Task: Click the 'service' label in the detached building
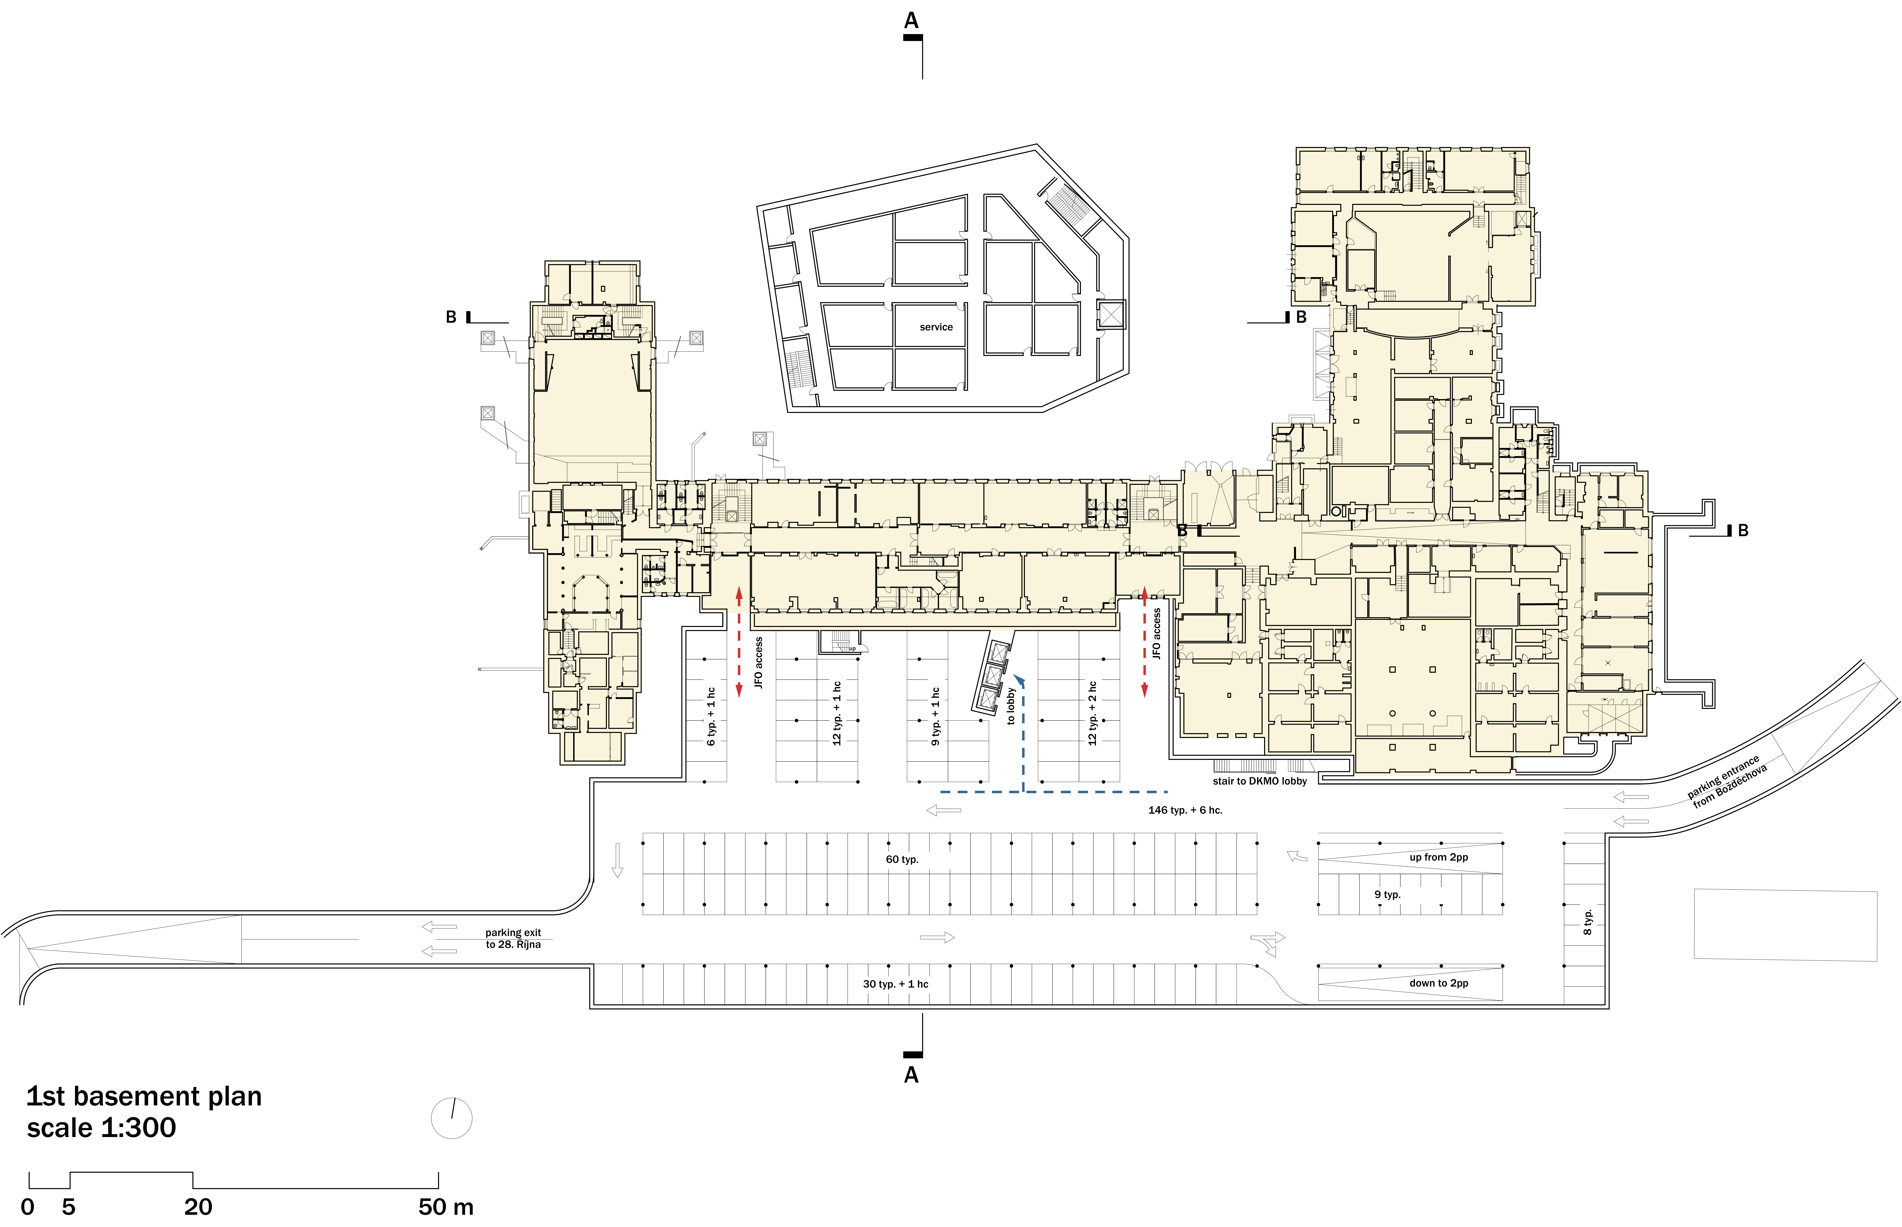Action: pyautogui.click(x=936, y=327)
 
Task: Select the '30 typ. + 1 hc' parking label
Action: pyautogui.click(x=895, y=984)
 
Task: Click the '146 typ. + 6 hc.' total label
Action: pyautogui.click(x=1185, y=810)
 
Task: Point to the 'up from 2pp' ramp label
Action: pyautogui.click(x=1438, y=857)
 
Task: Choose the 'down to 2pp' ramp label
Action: pyautogui.click(x=1438, y=983)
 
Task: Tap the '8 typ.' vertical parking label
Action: pyautogui.click(x=1587, y=922)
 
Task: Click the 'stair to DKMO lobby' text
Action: pyautogui.click(x=1260, y=781)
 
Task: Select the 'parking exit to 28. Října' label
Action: pyautogui.click(x=513, y=939)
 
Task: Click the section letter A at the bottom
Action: pyautogui.click(x=911, y=1075)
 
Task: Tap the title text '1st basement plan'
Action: pyautogui.click(x=144, y=1096)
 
